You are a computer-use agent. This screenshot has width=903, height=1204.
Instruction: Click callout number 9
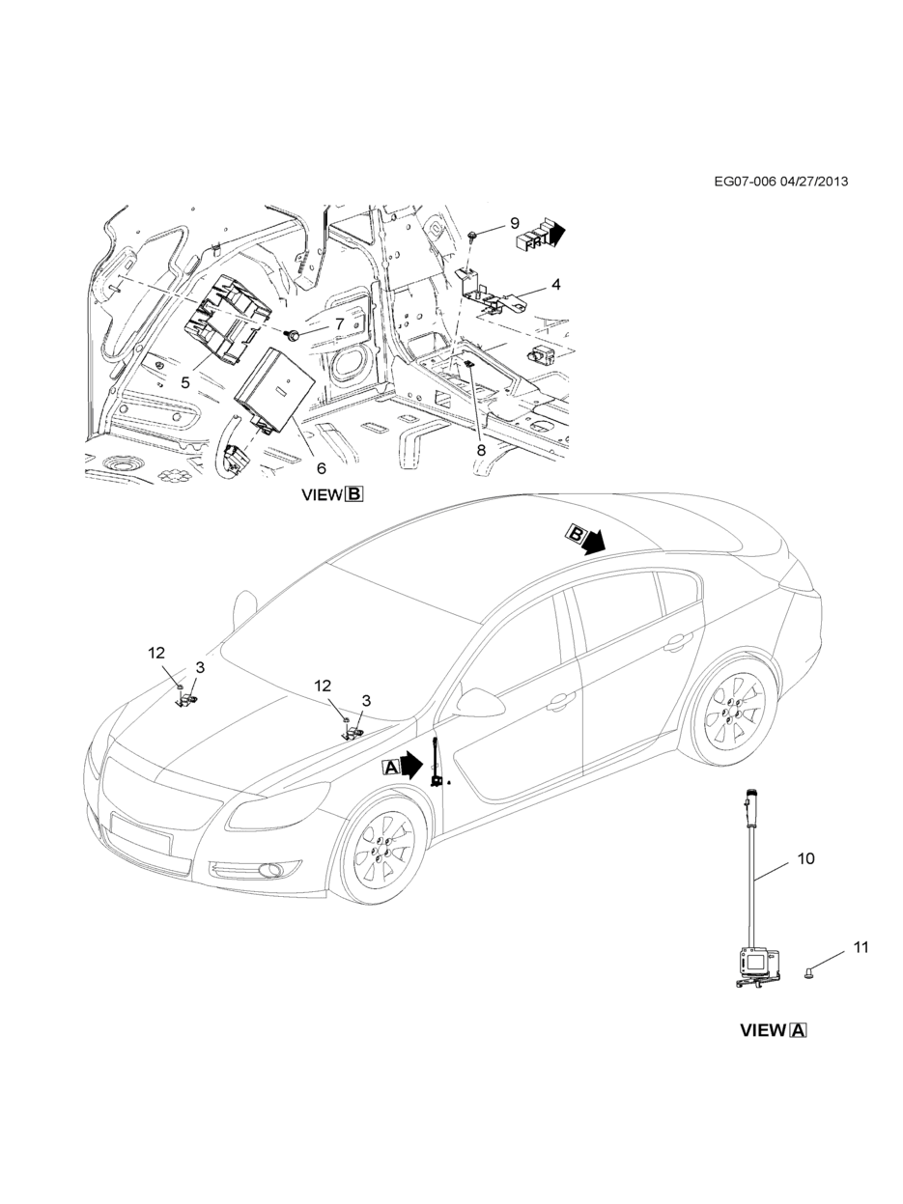click(x=515, y=223)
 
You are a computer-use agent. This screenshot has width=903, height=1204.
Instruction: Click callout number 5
click(x=184, y=382)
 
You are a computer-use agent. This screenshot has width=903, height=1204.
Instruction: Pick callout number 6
click(x=321, y=468)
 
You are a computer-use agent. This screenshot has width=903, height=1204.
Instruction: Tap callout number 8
click(x=481, y=449)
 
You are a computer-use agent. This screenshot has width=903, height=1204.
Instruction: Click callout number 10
click(x=805, y=857)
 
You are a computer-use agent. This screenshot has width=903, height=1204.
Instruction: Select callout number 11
click(x=860, y=947)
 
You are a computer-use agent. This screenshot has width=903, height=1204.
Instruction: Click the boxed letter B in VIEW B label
click(x=354, y=495)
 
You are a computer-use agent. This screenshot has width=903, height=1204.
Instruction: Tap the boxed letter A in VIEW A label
click(x=799, y=1030)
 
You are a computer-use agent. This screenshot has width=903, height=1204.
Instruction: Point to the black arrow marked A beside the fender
click(x=404, y=767)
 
